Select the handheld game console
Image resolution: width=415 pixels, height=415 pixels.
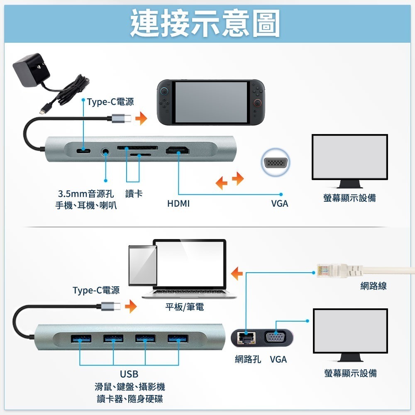pos(212,102)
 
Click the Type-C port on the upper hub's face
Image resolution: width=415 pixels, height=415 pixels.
pos(84,150)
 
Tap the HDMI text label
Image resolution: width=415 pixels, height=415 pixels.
pos(178,204)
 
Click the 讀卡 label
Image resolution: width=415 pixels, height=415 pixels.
pos(134,194)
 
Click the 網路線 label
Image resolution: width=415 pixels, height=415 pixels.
pos(373,286)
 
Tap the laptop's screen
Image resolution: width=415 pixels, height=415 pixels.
pos(191,265)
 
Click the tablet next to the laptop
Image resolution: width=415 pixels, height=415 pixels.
pos(142,266)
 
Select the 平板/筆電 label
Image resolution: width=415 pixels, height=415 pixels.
pos(185,307)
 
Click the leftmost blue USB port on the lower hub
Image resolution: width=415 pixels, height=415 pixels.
pos(81,340)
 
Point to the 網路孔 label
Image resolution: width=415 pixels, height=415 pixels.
pos(248,359)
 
